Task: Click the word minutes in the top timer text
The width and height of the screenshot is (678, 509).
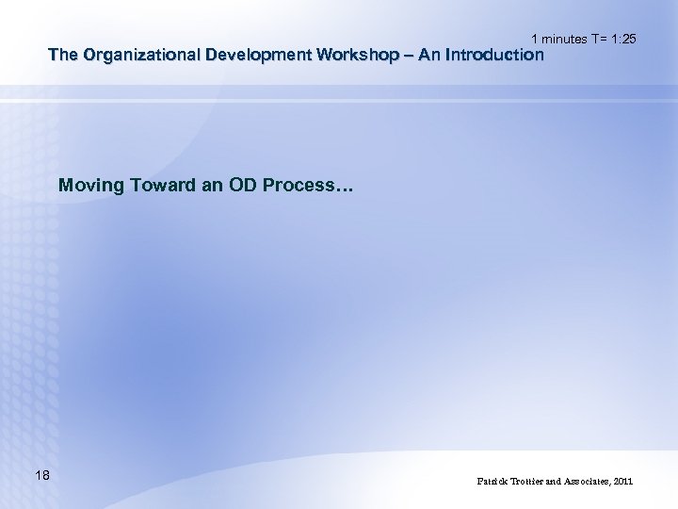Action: (x=564, y=39)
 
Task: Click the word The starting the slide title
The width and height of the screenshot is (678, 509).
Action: (x=63, y=55)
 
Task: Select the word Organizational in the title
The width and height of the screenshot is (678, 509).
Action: (x=137, y=55)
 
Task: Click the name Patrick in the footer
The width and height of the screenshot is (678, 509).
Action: (x=492, y=482)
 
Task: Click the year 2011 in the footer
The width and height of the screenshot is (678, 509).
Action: (x=623, y=482)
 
